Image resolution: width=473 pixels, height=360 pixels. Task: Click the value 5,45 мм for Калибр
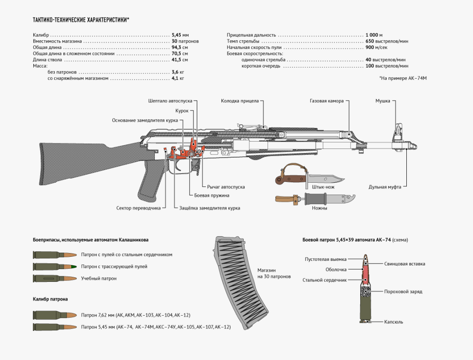(x=180, y=35)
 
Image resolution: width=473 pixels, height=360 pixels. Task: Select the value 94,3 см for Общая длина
(x=180, y=47)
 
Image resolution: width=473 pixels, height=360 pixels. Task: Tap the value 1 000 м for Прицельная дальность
(x=373, y=35)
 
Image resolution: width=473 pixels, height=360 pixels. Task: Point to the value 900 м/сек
(x=376, y=47)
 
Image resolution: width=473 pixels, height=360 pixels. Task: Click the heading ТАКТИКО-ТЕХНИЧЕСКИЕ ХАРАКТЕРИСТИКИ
(x=81, y=20)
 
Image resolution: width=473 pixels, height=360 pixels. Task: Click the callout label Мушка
(x=383, y=101)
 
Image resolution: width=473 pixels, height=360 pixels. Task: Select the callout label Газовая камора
(x=326, y=101)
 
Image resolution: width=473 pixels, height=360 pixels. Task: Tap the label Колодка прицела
(x=240, y=101)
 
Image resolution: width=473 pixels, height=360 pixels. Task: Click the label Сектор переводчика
(x=138, y=208)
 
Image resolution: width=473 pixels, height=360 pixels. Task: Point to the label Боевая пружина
(x=211, y=195)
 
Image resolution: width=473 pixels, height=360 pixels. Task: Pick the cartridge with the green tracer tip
(x=54, y=266)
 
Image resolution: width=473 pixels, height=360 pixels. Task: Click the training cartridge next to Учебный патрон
(x=54, y=278)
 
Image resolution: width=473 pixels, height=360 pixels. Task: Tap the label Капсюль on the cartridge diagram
(x=393, y=322)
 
